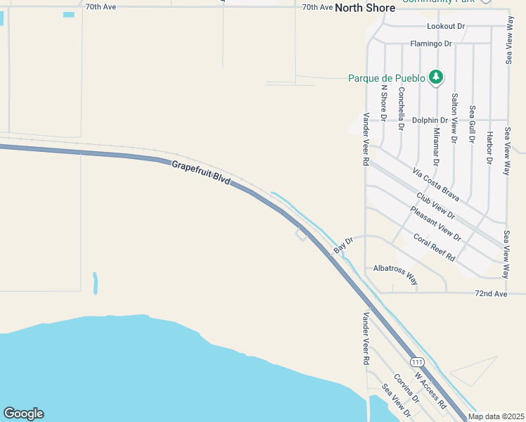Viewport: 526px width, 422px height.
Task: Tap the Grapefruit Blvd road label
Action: (201, 173)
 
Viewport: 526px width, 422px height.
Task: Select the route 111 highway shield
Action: (418, 362)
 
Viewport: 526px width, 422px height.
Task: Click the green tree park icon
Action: (436, 77)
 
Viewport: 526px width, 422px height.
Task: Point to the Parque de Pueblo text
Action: (386, 78)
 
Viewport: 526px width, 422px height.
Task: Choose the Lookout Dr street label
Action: (447, 26)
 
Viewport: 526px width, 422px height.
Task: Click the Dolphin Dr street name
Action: (430, 120)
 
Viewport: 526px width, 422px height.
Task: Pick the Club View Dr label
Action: (435, 206)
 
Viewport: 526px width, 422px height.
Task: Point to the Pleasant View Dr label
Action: (436, 224)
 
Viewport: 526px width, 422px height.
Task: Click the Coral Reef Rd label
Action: (435, 248)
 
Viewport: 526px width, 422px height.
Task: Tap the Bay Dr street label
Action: (343, 245)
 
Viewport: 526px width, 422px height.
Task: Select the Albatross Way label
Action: (395, 273)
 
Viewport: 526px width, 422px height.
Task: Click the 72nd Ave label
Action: (491, 293)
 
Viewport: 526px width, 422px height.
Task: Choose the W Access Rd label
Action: (430, 390)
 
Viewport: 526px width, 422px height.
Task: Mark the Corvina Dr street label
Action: (406, 388)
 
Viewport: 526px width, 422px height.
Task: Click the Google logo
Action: (23, 414)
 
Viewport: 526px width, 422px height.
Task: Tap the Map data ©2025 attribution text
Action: (496, 416)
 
